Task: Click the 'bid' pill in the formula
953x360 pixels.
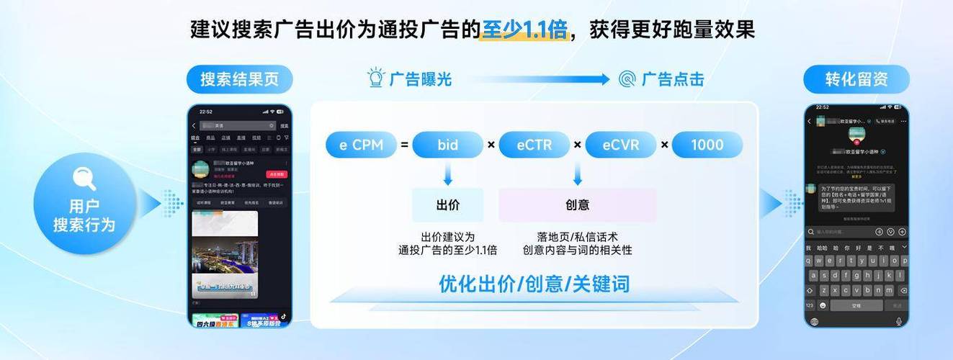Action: [447, 145]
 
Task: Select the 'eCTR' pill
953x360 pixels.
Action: [534, 145]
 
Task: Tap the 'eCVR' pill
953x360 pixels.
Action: [620, 145]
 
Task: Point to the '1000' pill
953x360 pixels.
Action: [707, 145]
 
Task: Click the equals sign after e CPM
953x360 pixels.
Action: [405, 145]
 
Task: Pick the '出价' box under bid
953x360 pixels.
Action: [447, 205]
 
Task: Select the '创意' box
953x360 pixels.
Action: [577, 205]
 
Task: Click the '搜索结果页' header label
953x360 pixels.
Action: [240, 79]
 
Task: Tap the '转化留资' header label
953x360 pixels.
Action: [856, 79]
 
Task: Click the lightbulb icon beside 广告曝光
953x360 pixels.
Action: [376, 78]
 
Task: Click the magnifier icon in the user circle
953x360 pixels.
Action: [84, 178]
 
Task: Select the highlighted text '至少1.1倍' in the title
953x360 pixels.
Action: [524, 30]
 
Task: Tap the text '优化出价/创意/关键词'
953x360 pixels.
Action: [534, 284]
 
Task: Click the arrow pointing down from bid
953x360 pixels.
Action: [447, 174]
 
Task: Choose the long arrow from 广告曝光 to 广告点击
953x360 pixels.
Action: [534, 79]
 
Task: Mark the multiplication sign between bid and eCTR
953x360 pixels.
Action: [491, 145]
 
